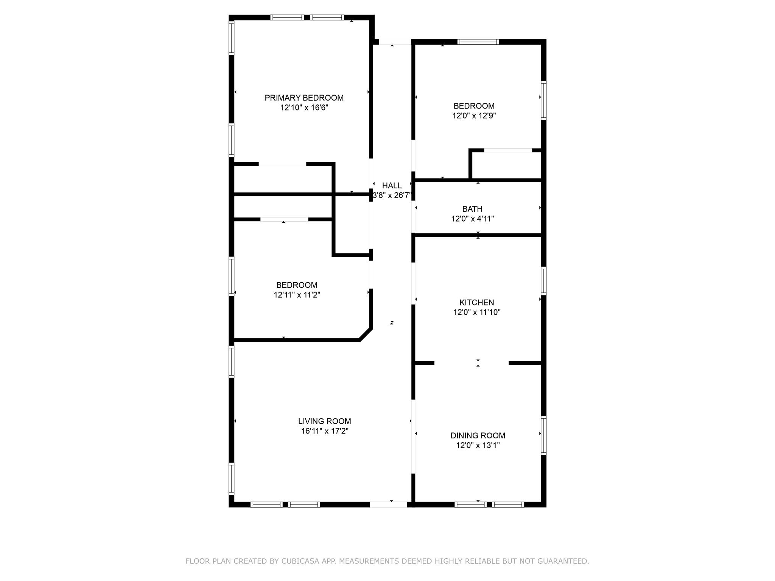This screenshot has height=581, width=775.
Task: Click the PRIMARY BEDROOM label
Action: click(304, 98)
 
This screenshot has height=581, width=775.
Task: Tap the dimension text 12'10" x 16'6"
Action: click(304, 108)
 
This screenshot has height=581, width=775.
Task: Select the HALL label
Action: click(392, 186)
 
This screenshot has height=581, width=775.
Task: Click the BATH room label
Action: click(472, 209)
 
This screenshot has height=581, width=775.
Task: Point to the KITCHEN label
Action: click(476, 303)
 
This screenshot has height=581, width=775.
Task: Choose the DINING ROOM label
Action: click(478, 436)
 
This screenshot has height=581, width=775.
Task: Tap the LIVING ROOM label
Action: click(324, 421)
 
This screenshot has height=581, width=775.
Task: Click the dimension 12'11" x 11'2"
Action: click(297, 295)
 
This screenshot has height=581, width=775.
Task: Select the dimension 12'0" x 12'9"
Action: click(474, 116)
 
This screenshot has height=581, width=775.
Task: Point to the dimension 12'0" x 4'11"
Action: click(472, 219)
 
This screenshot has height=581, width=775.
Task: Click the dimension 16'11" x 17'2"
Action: click(324, 431)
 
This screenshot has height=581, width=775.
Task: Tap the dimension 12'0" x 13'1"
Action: click(478, 446)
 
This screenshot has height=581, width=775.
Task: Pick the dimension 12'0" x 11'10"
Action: click(476, 312)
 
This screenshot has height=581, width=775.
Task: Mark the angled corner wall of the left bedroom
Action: click(366, 334)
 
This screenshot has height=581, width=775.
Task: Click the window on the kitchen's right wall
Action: click(543, 281)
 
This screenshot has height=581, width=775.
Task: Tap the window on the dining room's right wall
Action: click(543, 435)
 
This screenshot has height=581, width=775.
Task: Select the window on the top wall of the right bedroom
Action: click(478, 42)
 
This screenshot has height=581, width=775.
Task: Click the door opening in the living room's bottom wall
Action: click(388, 504)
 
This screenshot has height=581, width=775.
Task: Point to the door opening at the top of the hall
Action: click(395, 42)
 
